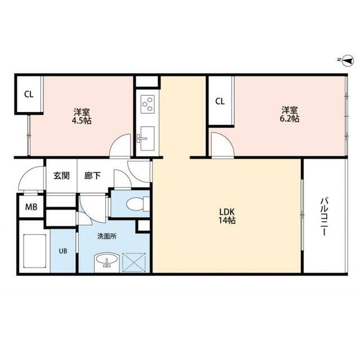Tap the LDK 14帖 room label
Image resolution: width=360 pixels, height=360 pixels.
pyautogui.click(x=227, y=216)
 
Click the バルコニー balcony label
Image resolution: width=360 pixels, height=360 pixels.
pyautogui.click(x=325, y=217)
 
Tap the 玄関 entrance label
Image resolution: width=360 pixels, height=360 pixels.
pyautogui.click(x=61, y=175)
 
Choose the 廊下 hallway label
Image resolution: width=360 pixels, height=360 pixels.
pyautogui.click(x=93, y=175)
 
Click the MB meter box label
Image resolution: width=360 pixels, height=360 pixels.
pyautogui.click(x=31, y=206)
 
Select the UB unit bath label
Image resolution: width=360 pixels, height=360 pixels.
pyautogui.click(x=63, y=250)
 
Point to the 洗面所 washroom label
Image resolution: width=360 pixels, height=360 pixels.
pyautogui.click(x=106, y=237)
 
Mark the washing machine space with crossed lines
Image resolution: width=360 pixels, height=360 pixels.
pyautogui.click(x=134, y=262)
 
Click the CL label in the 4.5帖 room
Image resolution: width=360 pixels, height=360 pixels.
pyautogui.click(x=28, y=94)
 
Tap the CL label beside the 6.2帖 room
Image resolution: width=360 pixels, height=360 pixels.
pyautogui.click(x=220, y=102)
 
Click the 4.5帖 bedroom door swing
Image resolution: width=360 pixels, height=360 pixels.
pyautogui.click(x=121, y=147)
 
